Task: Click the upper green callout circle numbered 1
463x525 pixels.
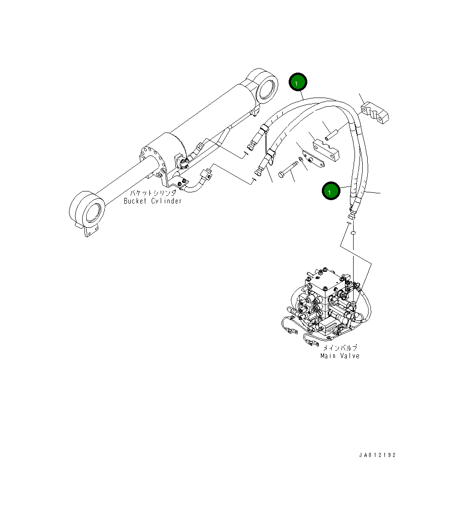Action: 298,83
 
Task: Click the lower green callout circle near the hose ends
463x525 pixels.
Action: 331,191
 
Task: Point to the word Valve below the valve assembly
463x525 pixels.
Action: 350,356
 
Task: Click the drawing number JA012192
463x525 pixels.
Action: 376,455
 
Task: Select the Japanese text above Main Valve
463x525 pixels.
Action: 340,348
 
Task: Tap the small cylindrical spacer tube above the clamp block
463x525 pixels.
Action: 331,135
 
